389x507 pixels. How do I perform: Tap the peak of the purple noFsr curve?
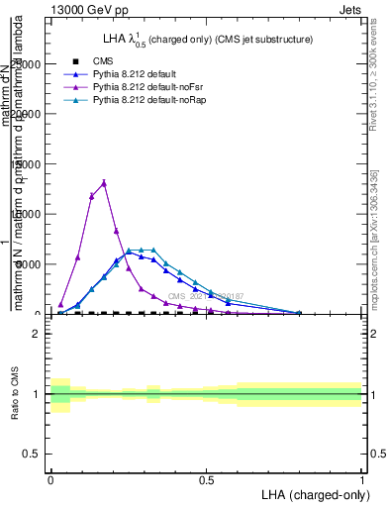click(104, 183)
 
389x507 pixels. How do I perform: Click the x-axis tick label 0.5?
click(206, 478)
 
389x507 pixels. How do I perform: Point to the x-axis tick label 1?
click(361, 478)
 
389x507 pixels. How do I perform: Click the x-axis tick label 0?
click(50, 478)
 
